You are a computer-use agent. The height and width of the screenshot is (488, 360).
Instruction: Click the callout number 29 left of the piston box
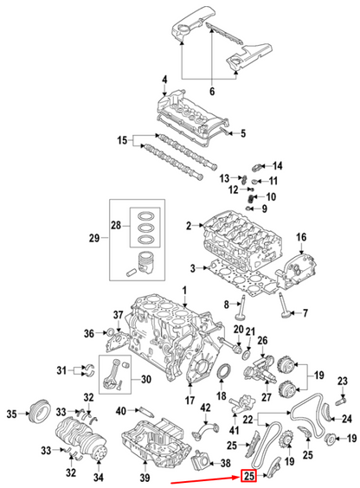95,237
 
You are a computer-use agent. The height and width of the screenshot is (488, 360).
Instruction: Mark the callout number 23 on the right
342,382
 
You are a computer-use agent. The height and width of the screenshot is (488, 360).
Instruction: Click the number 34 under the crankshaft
98,477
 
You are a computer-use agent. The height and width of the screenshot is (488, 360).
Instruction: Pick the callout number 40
121,410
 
